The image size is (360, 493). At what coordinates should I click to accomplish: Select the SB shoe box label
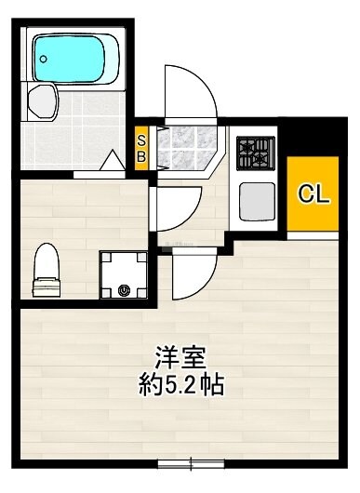(141, 148)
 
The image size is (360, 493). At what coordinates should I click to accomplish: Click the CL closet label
(312, 193)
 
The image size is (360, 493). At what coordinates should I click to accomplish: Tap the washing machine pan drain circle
(124, 290)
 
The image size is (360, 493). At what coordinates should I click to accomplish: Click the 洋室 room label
(180, 356)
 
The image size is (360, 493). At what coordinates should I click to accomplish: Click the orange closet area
(312, 193)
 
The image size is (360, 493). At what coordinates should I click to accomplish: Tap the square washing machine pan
(124, 275)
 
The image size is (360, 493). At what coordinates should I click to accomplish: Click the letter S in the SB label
(141, 140)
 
